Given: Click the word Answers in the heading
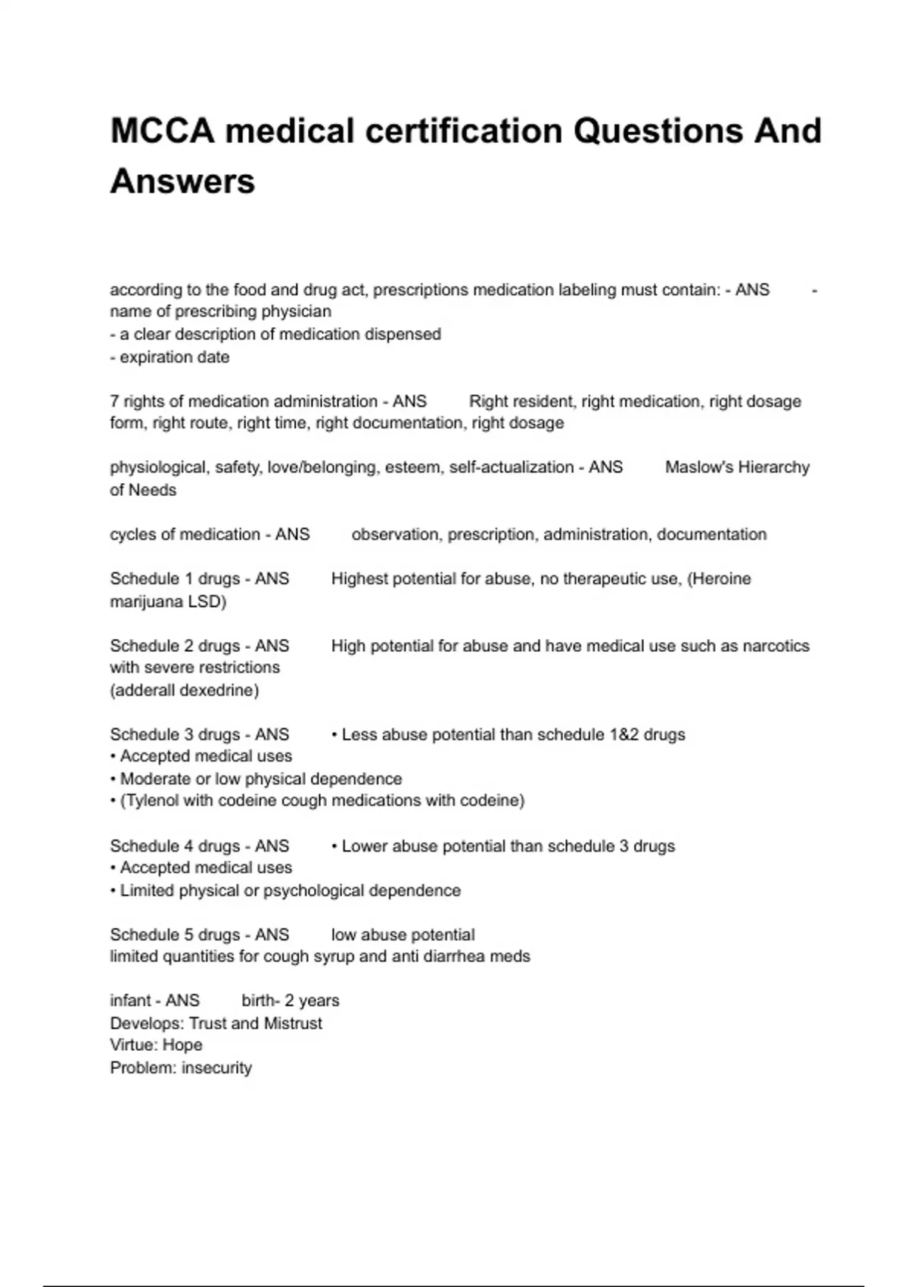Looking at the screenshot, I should click(x=182, y=182).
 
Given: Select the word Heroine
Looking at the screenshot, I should click(x=721, y=579).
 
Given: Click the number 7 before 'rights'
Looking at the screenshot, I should click(x=114, y=401).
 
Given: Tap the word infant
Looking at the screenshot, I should click(x=131, y=1001).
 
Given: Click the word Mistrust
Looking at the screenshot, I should click(x=293, y=1024).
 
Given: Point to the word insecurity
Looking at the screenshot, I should click(x=216, y=1068).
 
